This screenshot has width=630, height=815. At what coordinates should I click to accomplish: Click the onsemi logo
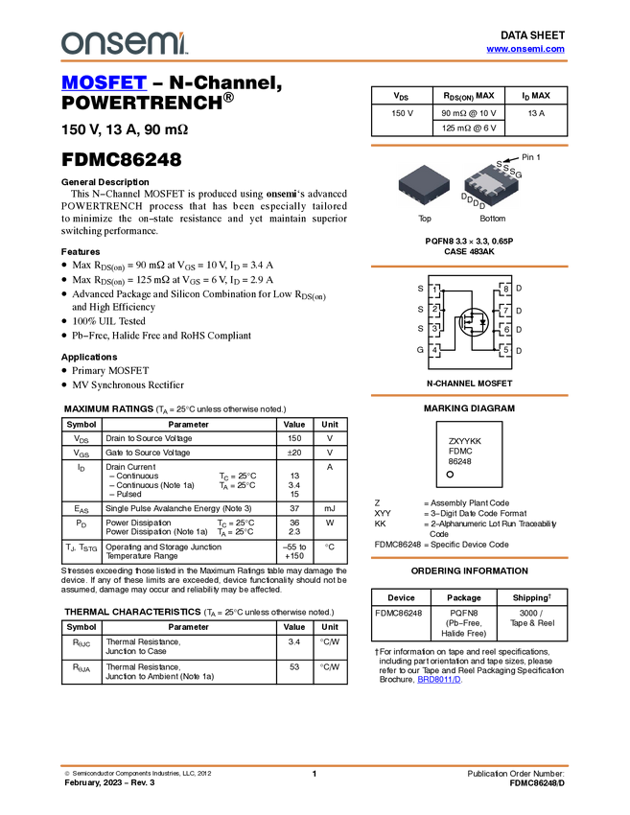point(124,43)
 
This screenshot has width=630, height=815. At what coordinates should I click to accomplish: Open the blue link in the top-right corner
point(525,49)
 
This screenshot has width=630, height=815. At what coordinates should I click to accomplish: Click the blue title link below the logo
point(104,83)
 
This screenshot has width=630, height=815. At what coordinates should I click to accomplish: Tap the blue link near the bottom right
point(439,680)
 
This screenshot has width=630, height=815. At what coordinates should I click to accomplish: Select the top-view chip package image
point(425,184)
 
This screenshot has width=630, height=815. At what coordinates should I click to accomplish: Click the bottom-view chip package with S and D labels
point(491,184)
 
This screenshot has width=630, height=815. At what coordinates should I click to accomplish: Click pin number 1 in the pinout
point(434,291)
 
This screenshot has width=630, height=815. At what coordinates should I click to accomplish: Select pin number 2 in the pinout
point(434,310)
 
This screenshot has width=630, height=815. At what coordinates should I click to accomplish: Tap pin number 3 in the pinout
point(434,330)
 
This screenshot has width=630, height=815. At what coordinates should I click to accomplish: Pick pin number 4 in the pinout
point(434,351)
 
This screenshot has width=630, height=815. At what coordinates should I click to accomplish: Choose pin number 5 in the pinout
point(505,351)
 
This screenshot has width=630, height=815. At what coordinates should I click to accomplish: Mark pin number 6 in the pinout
point(505,330)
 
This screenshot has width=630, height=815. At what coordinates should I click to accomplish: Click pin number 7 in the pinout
point(505,311)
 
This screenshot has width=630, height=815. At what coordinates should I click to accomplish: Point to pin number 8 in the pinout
point(505,290)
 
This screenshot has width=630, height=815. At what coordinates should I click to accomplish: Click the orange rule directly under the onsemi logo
point(315,61)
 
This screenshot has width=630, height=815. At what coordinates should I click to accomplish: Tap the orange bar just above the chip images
point(469,146)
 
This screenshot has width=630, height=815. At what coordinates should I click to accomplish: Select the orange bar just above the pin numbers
point(469,267)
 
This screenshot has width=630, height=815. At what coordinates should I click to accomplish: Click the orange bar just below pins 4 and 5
point(469,395)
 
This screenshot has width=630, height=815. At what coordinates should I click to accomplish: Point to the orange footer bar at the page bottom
point(315,766)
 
